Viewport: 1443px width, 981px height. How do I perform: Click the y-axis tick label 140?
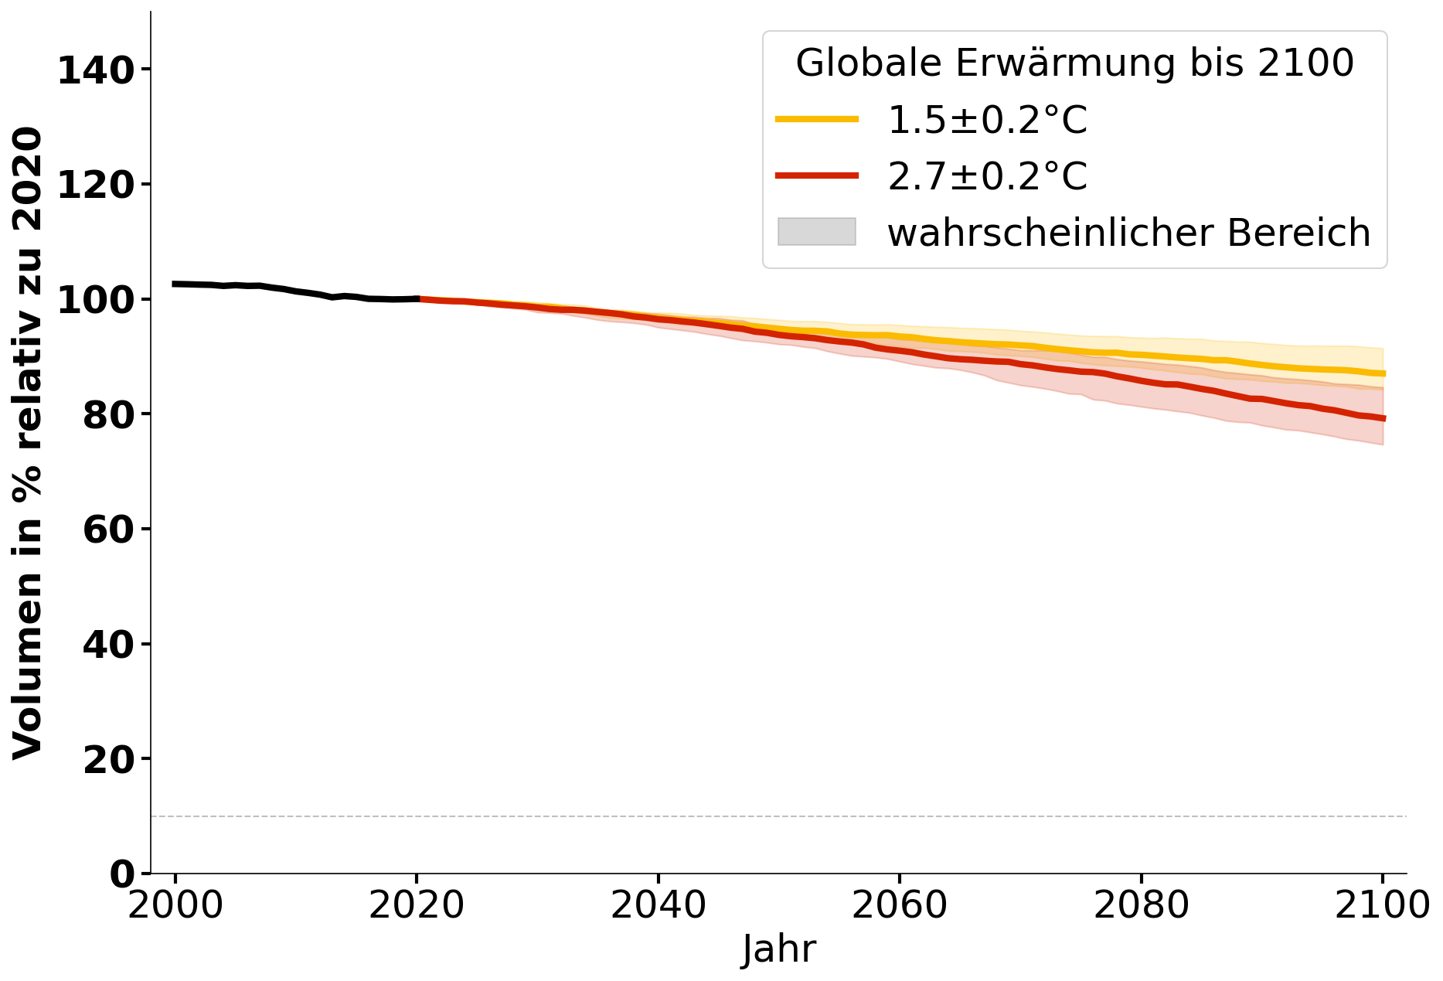pyautogui.click(x=96, y=70)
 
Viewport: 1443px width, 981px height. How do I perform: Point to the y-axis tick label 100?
pyautogui.click(x=96, y=300)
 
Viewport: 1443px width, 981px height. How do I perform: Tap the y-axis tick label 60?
pyautogui.click(x=108, y=530)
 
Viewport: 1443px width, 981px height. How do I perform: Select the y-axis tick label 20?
pyautogui.click(x=108, y=759)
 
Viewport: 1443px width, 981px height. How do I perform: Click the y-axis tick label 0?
pyautogui.click(x=121, y=874)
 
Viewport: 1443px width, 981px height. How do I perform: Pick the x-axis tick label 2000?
pyautogui.click(x=175, y=905)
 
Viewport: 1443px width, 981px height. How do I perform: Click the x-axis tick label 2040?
pyautogui.click(x=658, y=905)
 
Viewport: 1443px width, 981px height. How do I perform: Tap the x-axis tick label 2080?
pyautogui.click(x=1141, y=905)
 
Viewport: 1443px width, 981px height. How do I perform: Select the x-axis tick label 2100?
pyautogui.click(x=1382, y=905)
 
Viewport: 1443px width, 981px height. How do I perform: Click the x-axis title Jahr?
pyautogui.click(x=778, y=949)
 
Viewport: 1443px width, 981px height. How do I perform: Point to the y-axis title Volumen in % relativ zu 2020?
pyautogui.click(x=28, y=443)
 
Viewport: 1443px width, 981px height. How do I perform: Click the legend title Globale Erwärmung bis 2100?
pyautogui.click(x=1074, y=63)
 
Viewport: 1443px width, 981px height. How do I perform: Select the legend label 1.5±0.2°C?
pyautogui.click(x=987, y=120)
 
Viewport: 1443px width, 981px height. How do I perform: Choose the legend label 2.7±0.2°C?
pyautogui.click(x=987, y=176)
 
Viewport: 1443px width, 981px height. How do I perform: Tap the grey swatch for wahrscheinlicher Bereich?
pyautogui.click(x=816, y=232)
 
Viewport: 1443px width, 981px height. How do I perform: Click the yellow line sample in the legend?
pyautogui.click(x=816, y=119)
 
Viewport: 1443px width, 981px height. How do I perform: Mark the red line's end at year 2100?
pyautogui.click(x=1383, y=418)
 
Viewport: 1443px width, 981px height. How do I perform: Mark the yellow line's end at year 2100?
pyautogui.click(x=1383, y=373)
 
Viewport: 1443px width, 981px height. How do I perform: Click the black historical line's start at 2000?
pyautogui.click(x=175, y=284)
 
